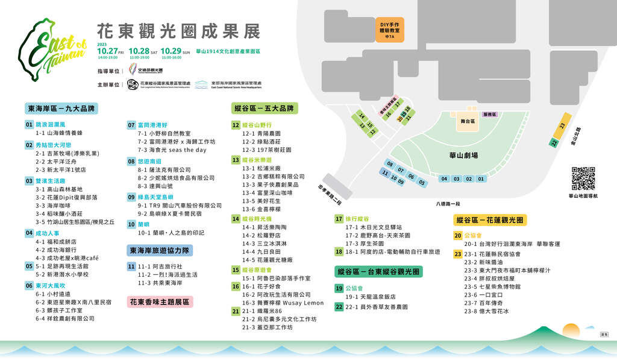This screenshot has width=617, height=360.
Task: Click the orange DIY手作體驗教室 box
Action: pos(389,29)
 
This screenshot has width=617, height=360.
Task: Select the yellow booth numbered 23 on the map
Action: pos(562,125)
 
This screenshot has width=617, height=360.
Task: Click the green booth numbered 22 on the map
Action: pos(553,143)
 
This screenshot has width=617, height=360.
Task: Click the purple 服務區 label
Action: pos(489,114)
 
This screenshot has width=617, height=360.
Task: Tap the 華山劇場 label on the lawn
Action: pos(464,155)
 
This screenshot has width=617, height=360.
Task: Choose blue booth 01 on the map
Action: pos(481,178)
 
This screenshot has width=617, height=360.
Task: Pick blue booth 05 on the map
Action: pos(422,182)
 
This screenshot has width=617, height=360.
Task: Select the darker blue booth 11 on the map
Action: pos(384,173)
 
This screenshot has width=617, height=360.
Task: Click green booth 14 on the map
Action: pos(362,116)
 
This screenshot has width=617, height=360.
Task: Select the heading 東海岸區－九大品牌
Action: pos(61,109)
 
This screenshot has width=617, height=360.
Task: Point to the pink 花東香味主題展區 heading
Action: pos(159,301)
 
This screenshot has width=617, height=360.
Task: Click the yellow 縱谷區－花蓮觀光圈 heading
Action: pos(490,220)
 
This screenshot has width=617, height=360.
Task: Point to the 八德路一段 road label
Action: pos(451,204)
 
